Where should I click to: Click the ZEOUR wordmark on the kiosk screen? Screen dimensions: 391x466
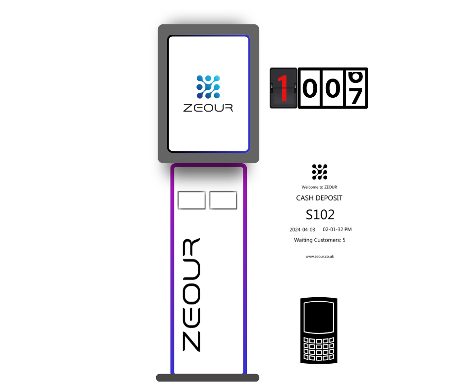(208, 108)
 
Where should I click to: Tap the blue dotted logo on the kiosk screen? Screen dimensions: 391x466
(208, 86)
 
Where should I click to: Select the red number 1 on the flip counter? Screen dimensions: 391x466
(283, 88)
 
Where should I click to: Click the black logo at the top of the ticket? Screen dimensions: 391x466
(319, 172)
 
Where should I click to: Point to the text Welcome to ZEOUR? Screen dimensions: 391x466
(319, 187)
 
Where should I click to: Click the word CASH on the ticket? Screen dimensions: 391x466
(306, 198)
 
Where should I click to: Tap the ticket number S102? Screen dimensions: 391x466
(320, 214)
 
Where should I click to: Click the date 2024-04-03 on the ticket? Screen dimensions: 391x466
(302, 230)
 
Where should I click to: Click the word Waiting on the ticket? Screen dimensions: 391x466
(304, 240)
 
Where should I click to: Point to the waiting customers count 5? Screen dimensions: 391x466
(344, 240)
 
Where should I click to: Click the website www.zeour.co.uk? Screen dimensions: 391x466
(319, 257)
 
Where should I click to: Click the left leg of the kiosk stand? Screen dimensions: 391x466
(172, 273)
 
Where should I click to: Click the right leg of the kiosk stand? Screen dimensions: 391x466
(245, 273)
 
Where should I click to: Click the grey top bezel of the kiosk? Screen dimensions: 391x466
(208, 29)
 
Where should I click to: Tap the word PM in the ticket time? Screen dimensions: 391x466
(348, 230)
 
